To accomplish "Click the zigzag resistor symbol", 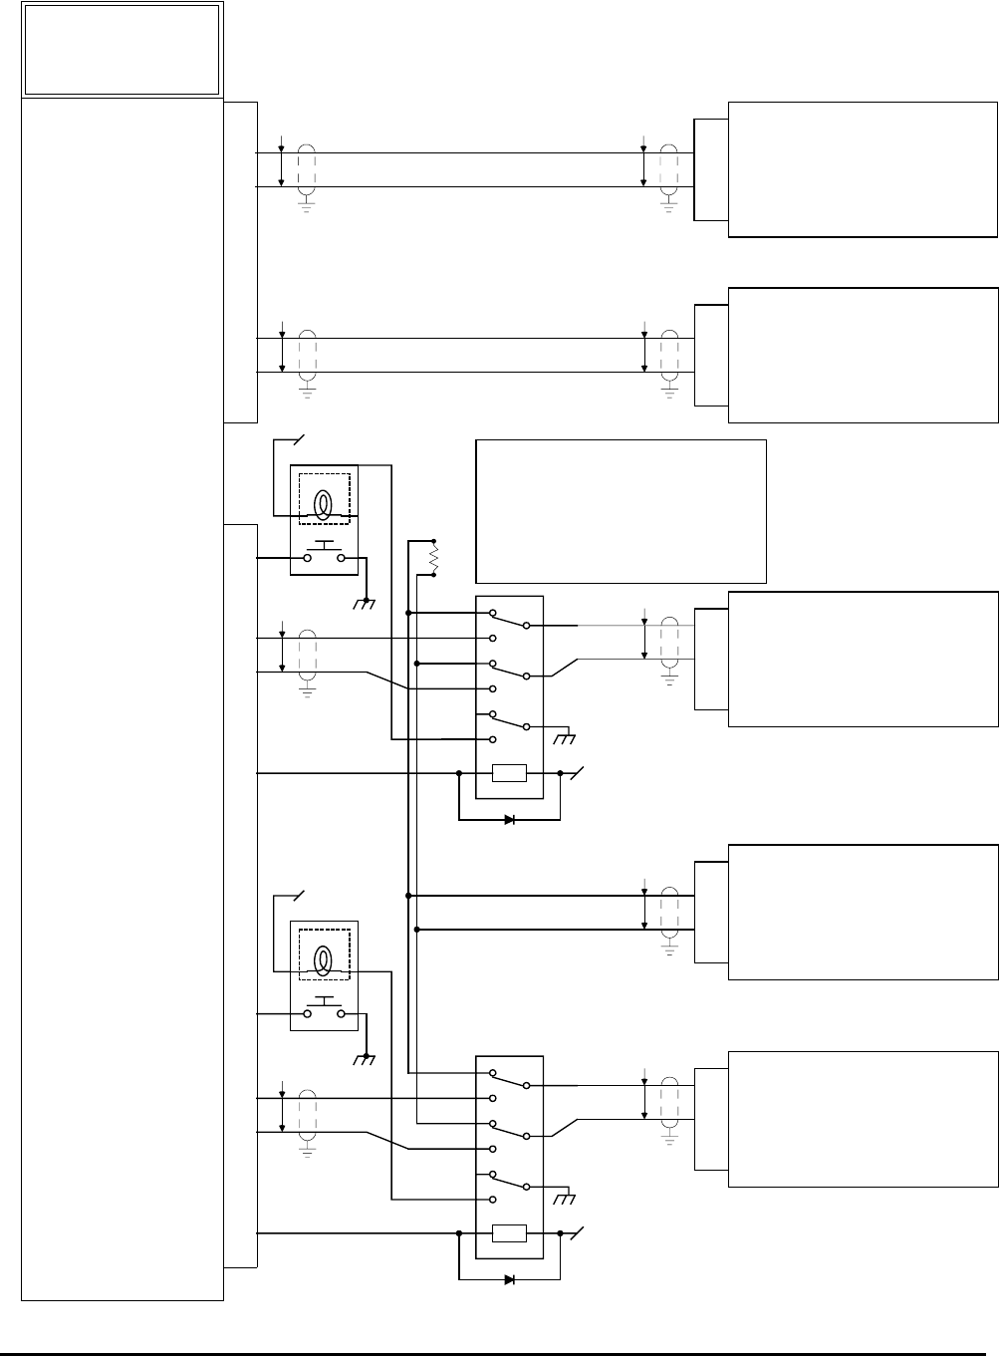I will (x=434, y=558).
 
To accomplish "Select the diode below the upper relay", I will (x=509, y=820).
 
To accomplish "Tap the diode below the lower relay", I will (x=509, y=1279).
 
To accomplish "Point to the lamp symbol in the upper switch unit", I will (x=324, y=504).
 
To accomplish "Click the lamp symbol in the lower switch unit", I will (x=324, y=960).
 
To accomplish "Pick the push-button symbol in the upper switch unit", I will (x=324, y=553).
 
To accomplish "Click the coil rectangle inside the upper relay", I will (x=509, y=773).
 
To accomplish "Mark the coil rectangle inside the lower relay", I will (x=509, y=1234).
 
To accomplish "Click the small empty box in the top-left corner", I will (x=122, y=49).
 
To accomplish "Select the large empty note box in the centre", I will (x=622, y=510).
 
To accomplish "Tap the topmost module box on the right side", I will (x=863, y=168).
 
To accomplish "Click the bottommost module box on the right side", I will (x=863, y=1118).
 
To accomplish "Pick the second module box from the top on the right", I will (x=863, y=355).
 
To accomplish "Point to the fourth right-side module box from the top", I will (x=863, y=912).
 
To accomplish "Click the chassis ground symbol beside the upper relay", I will (x=567, y=737).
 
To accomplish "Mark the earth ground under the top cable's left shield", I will (x=307, y=207).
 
